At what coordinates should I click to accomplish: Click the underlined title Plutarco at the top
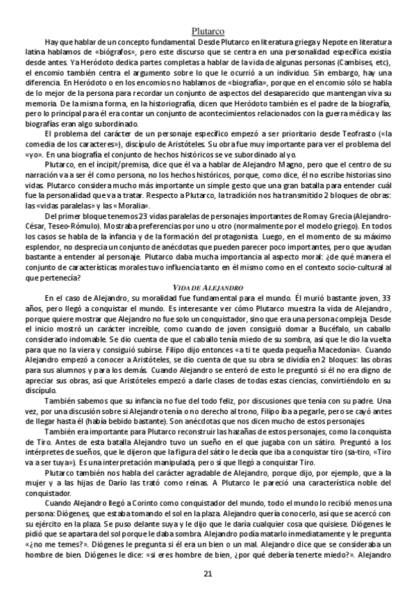pyautogui.click(x=208, y=30)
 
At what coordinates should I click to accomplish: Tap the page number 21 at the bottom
pyautogui.click(x=208, y=573)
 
